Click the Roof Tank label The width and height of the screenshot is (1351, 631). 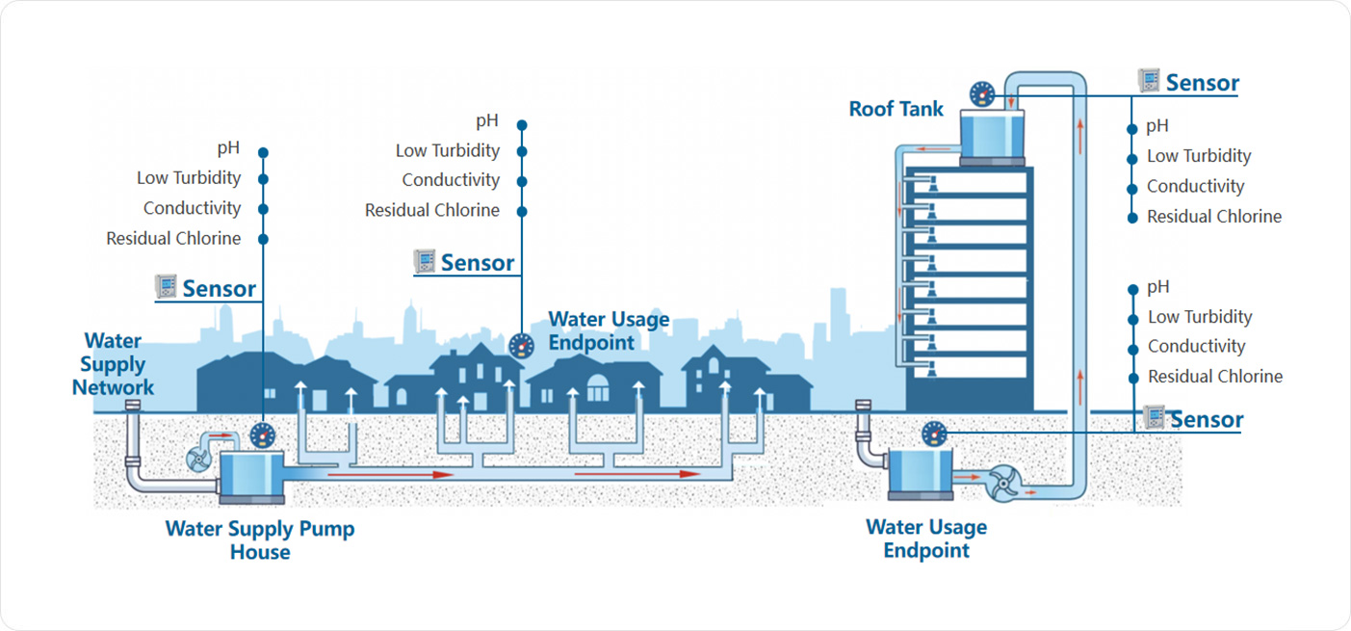(896, 109)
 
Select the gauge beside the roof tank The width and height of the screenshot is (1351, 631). (982, 93)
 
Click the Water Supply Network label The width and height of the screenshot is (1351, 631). (113, 364)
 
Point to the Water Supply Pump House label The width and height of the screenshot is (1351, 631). (260, 540)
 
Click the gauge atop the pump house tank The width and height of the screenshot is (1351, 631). (262, 435)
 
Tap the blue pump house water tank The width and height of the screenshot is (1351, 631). (251, 475)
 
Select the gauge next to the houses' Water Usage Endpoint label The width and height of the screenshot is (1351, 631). (520, 345)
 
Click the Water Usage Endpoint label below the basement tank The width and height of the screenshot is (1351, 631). (926, 539)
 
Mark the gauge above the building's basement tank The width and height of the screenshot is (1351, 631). (934, 434)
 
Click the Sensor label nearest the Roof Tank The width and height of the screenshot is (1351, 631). (1202, 83)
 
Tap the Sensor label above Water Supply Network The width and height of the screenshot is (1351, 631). (219, 288)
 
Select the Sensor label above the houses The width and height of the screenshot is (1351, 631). (477, 262)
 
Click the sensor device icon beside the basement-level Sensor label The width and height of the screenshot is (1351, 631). (1155, 417)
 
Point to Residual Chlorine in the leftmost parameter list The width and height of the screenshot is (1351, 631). (173, 238)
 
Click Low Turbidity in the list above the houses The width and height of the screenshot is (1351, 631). (448, 151)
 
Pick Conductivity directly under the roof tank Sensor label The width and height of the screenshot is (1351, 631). (1195, 186)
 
